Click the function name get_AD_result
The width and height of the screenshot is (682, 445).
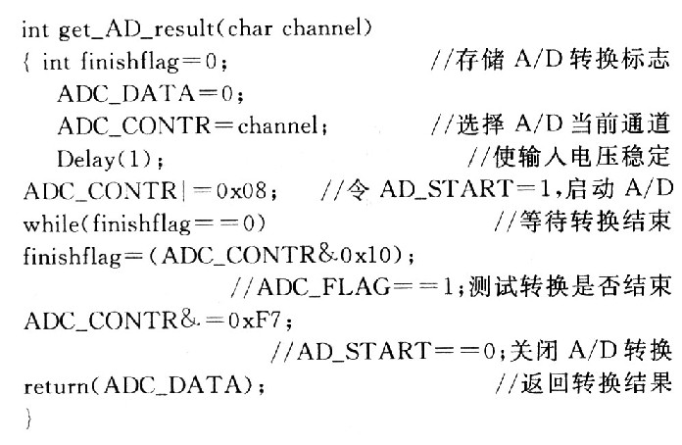click(x=136, y=30)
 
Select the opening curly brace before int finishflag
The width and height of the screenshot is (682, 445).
click(x=27, y=62)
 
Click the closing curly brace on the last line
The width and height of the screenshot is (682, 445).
click(x=28, y=419)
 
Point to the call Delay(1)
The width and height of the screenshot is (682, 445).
click(x=105, y=159)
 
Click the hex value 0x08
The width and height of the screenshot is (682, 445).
click(x=241, y=191)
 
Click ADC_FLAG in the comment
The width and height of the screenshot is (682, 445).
click(x=323, y=288)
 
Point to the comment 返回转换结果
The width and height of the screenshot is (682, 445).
click(x=596, y=384)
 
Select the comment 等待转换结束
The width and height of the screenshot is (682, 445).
click(x=595, y=222)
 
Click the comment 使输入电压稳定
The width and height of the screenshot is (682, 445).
click(x=582, y=157)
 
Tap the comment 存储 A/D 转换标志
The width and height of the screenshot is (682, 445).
click(x=562, y=60)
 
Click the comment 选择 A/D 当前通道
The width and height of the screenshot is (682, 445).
click(x=562, y=124)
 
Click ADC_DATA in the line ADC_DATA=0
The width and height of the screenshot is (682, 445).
click(x=126, y=94)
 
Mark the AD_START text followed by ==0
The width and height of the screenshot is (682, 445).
click(x=365, y=352)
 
